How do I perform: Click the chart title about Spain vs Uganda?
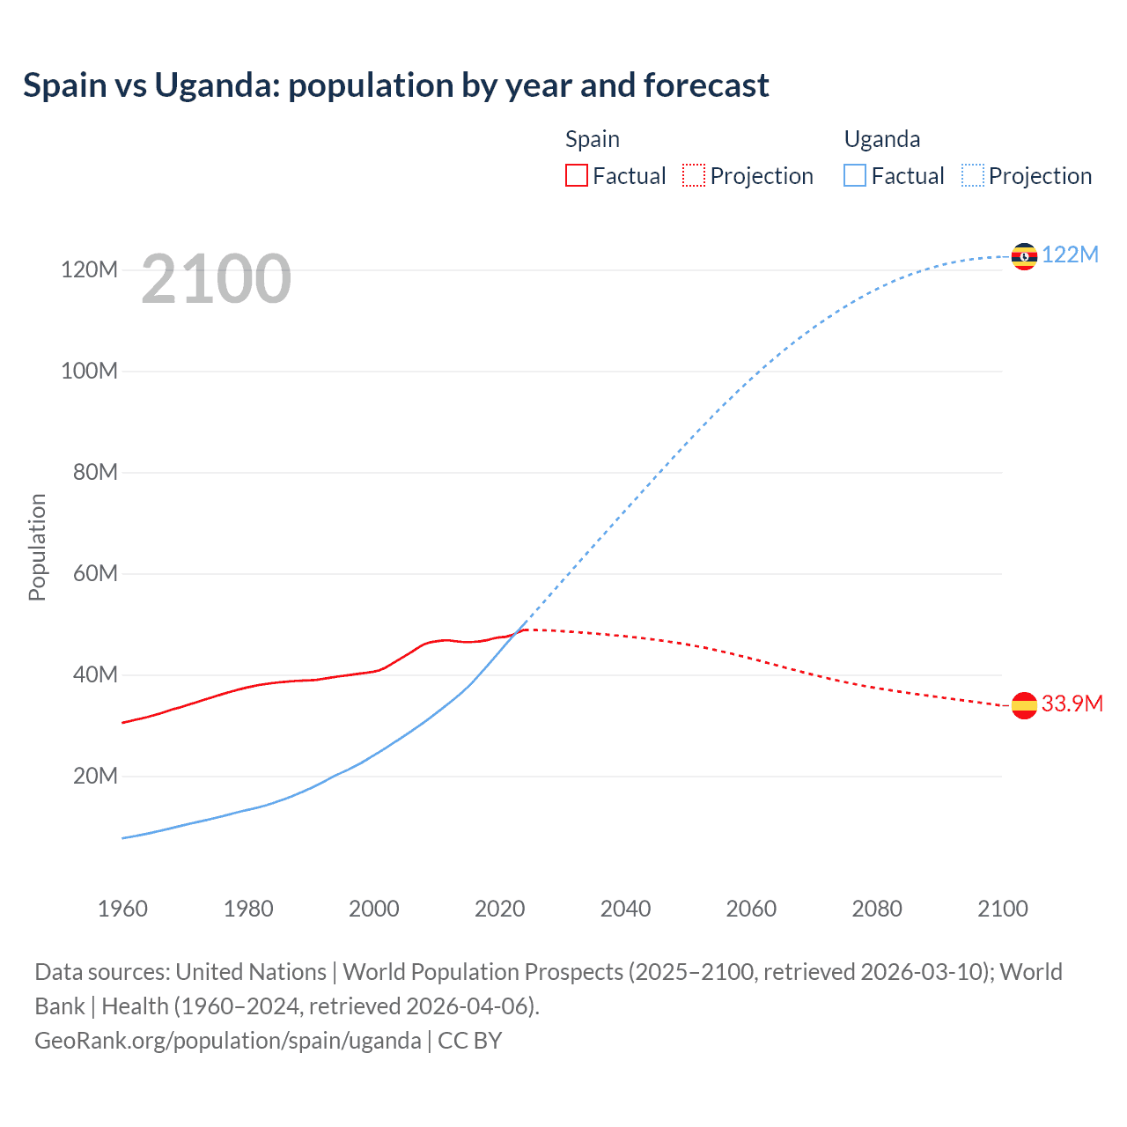click(x=395, y=85)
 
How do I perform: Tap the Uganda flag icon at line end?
click(x=1024, y=256)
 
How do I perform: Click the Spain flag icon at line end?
click(x=1024, y=705)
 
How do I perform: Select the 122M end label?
click(x=1070, y=254)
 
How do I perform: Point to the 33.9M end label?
click(x=1072, y=703)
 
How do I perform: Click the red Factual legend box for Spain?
click(x=577, y=176)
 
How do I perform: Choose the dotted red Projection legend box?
click(x=694, y=176)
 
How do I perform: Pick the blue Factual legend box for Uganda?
click(x=855, y=176)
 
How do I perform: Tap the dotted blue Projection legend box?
click(x=973, y=176)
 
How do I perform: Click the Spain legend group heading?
click(x=592, y=139)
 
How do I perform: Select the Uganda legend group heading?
click(x=881, y=139)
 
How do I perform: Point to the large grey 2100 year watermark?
click(x=216, y=279)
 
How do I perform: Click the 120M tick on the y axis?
click(x=89, y=269)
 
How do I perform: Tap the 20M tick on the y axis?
click(x=95, y=776)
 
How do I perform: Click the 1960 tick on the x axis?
click(x=122, y=909)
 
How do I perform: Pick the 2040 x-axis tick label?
click(x=625, y=909)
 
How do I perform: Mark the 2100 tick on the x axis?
click(x=1002, y=909)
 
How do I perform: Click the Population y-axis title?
click(x=37, y=547)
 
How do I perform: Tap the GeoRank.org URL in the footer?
click(x=227, y=1040)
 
